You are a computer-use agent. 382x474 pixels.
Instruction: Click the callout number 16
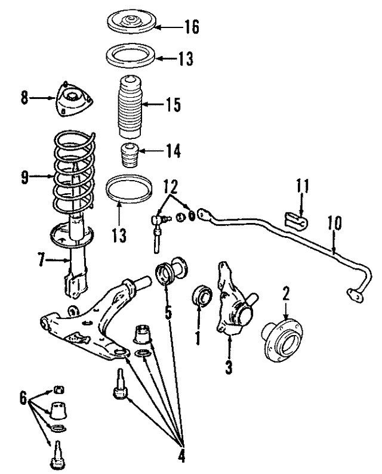click(192, 27)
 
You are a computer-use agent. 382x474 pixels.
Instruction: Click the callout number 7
click(42, 259)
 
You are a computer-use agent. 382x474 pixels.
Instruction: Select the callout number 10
click(334, 223)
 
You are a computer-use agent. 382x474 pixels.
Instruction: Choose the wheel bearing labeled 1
click(202, 296)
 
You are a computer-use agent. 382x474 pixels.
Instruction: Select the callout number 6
click(23, 398)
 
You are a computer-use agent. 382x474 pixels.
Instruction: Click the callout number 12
click(171, 187)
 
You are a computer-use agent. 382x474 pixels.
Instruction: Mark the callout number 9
click(24, 177)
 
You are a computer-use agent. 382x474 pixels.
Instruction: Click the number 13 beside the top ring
click(185, 58)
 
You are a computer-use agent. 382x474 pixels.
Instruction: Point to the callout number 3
click(229, 367)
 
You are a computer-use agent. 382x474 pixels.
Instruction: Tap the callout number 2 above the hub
click(286, 293)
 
